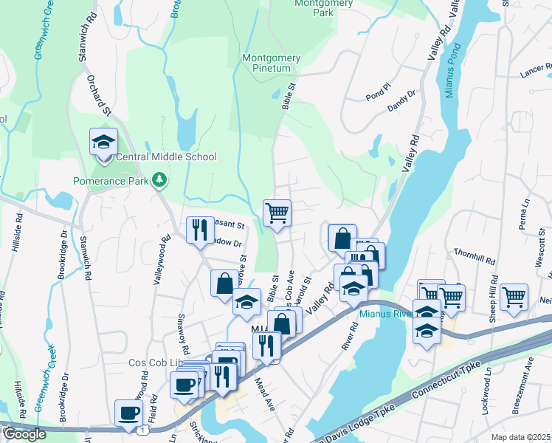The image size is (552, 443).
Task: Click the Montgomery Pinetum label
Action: (272, 63)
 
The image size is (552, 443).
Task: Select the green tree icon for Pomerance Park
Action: (159, 180)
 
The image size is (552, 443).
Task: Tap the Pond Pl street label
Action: (376, 95)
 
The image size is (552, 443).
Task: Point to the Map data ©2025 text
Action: (520, 437)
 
